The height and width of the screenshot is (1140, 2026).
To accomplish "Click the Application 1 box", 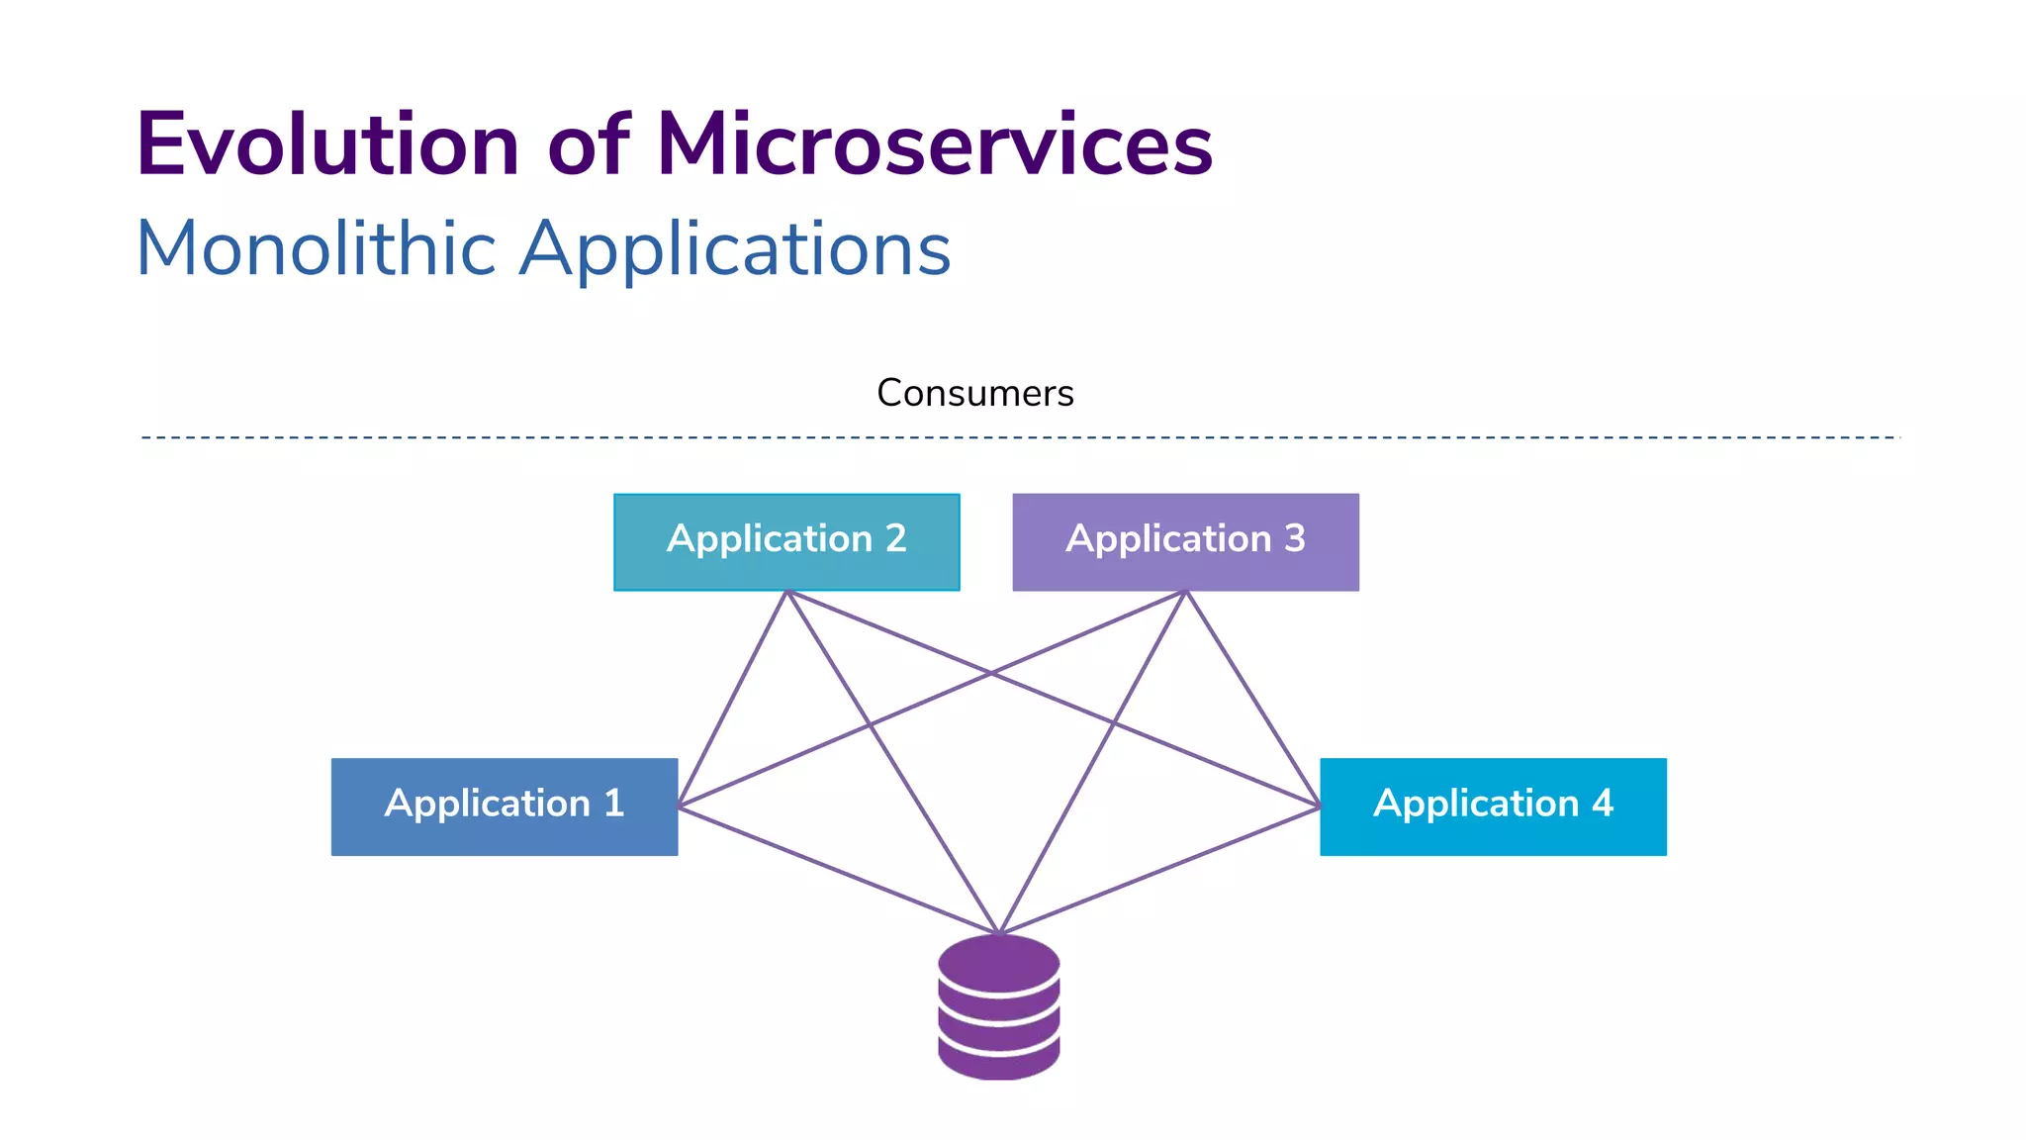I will tap(504, 807).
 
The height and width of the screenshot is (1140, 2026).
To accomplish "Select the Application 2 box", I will tap(786, 542).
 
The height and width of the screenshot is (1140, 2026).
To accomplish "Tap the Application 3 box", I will tap(1185, 542).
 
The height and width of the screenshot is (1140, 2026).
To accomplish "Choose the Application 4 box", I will tap(1493, 807).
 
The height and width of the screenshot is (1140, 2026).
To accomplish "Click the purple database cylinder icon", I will tap(998, 1007).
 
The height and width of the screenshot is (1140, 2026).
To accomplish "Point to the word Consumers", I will tap(974, 393).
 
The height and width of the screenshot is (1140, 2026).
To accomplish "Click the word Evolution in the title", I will tap(327, 145).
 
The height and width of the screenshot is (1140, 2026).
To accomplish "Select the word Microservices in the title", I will tap(934, 145).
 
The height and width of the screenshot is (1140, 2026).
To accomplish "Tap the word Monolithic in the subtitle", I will tap(315, 248).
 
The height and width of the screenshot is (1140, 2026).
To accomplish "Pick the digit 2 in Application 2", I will tap(895, 538).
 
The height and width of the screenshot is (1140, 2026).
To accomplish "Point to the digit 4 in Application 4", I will tap(1603, 803).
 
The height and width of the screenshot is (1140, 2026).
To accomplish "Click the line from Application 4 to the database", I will tap(1159, 870).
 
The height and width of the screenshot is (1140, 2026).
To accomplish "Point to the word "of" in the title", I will tap(588, 145).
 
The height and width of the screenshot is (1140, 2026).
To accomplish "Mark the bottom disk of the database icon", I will tap(998, 1063).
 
